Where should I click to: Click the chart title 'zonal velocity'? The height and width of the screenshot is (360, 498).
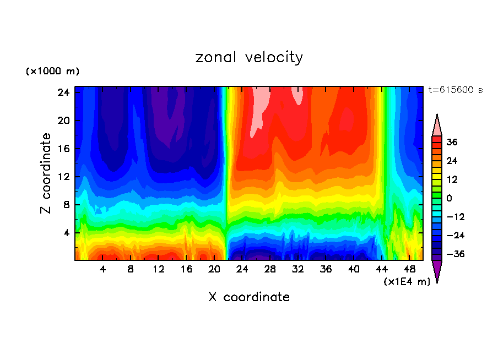249,57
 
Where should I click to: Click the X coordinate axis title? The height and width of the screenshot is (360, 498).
249,297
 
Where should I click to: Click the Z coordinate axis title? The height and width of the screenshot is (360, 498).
46,173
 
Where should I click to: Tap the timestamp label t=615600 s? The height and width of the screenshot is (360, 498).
455,90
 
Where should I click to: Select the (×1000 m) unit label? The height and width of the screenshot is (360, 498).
52,72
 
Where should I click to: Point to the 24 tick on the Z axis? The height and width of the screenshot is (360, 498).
63,92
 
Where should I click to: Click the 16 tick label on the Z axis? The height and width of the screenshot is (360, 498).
63,149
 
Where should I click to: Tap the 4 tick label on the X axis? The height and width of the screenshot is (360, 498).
103,269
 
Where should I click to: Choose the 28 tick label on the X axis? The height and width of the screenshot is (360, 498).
270,269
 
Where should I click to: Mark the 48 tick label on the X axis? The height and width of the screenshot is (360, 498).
409,269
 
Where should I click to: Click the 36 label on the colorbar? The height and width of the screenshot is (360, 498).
452,142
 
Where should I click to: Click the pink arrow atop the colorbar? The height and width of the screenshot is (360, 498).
437,126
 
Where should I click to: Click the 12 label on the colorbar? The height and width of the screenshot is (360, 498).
452,179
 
